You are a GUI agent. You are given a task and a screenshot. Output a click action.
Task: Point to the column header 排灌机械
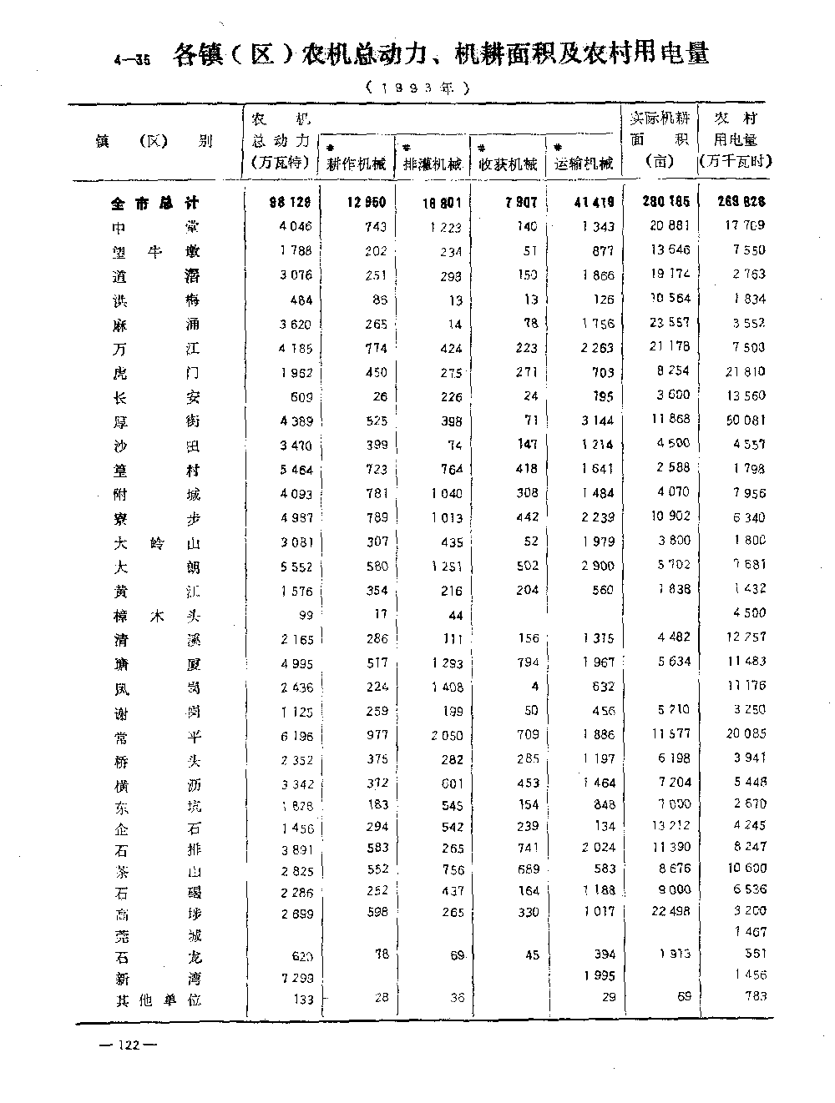(x=433, y=164)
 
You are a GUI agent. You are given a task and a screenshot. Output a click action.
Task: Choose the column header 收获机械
(x=508, y=164)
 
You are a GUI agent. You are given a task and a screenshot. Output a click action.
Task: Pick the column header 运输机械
(x=584, y=164)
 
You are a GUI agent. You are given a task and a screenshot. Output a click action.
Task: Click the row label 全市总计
(x=155, y=203)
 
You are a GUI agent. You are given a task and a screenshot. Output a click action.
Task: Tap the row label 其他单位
(x=158, y=1000)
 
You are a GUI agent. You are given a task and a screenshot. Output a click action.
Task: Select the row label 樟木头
(x=158, y=617)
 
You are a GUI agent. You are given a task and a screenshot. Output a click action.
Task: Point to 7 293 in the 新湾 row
(x=296, y=977)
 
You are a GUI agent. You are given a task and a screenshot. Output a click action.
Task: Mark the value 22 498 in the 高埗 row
(x=670, y=911)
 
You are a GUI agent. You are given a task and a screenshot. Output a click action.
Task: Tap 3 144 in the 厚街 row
(x=596, y=421)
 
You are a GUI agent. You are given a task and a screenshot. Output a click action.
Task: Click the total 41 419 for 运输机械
(x=594, y=203)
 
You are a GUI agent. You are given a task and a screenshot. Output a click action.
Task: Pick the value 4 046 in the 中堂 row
(x=296, y=226)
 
